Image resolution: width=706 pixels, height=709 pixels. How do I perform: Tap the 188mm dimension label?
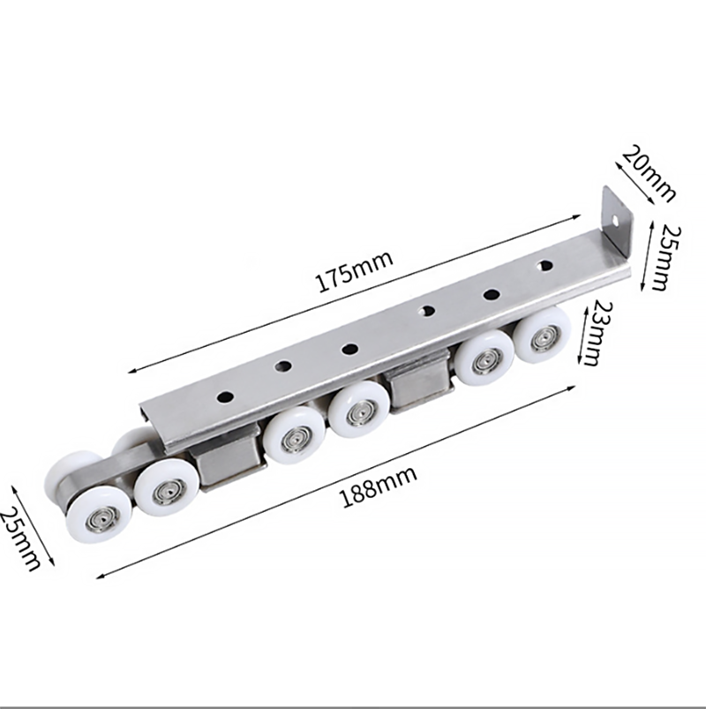click(378, 487)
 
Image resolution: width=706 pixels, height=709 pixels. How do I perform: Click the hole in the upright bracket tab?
click(615, 221)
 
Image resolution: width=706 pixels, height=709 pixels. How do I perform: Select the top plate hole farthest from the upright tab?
click(225, 397)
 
